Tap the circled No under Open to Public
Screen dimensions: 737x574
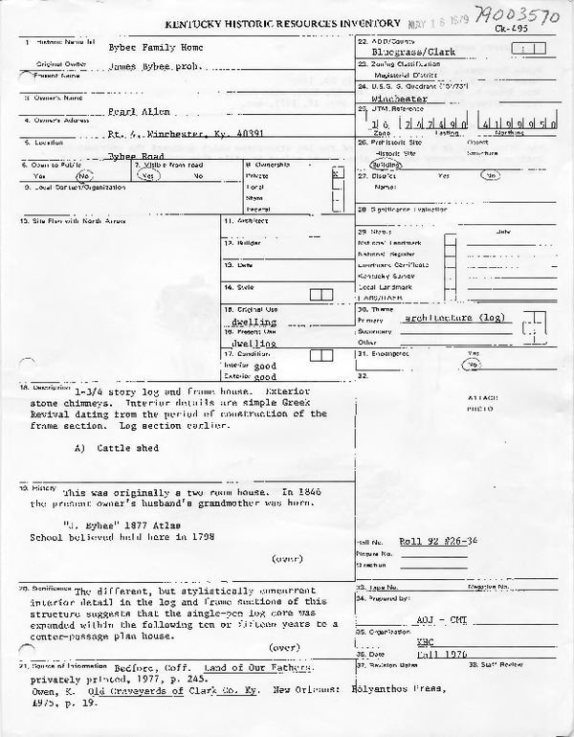tap(83, 176)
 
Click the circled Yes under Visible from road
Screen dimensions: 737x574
tap(149, 176)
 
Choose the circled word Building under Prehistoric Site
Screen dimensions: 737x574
tap(387, 164)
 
